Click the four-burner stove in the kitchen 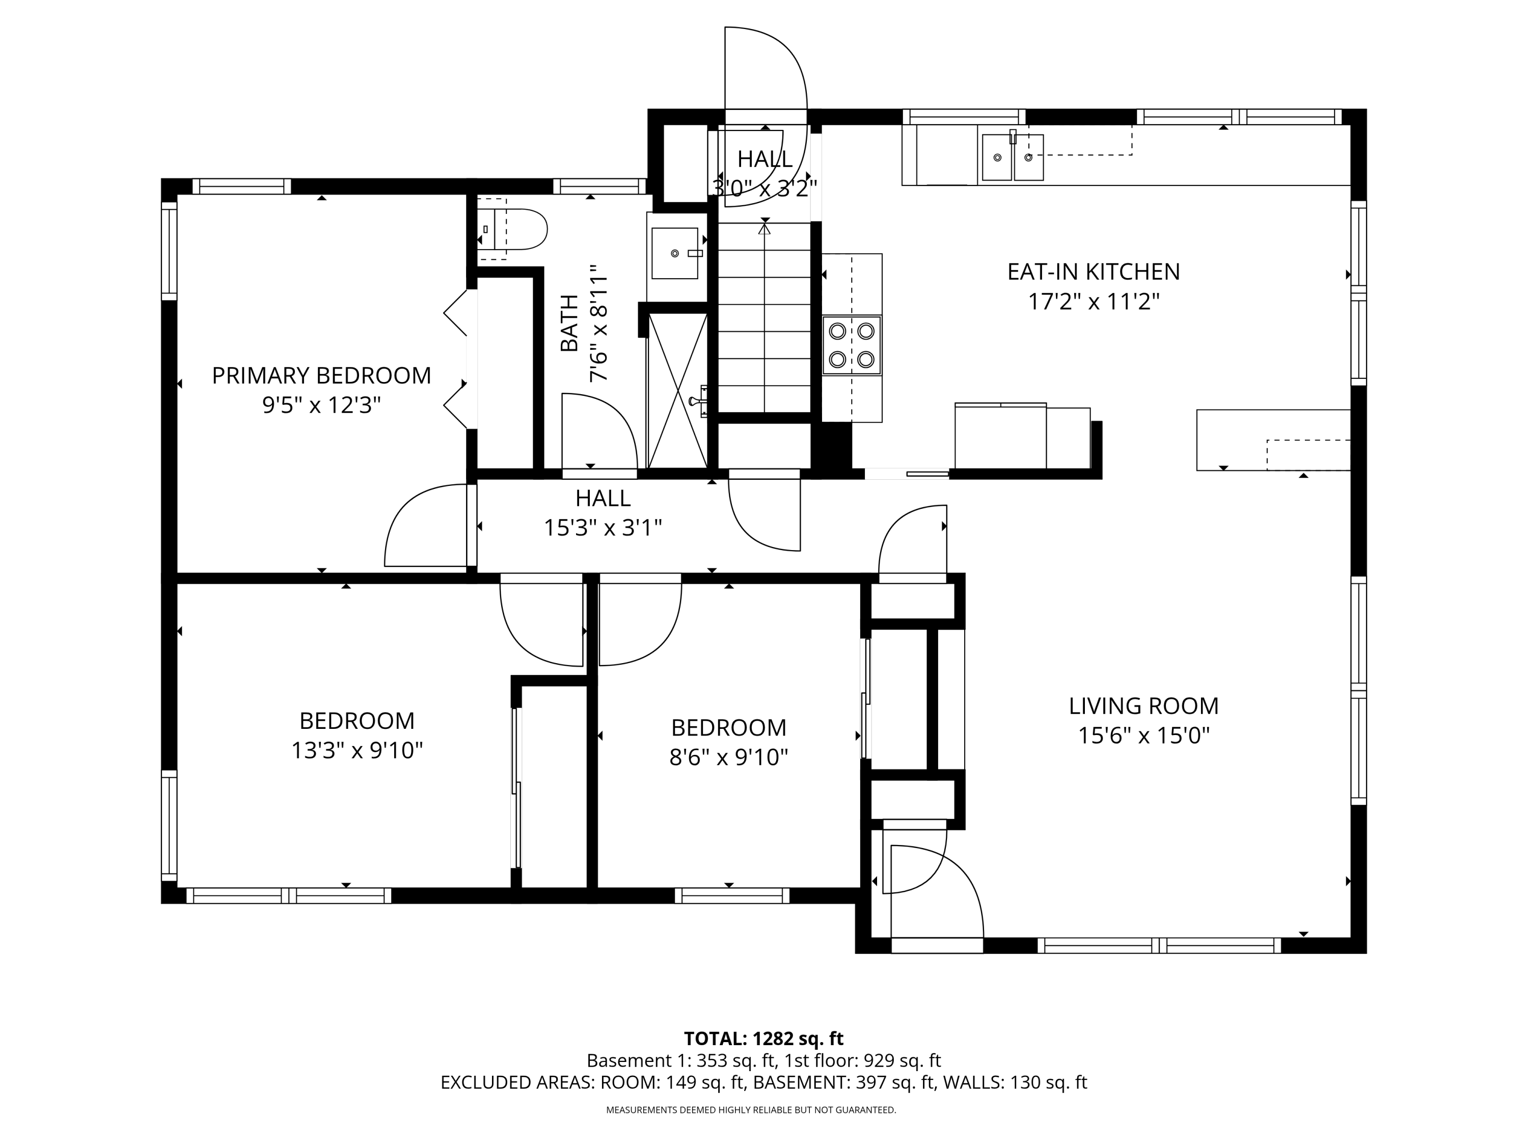coord(852,345)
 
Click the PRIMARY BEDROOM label coord(321,376)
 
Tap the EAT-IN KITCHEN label coord(1094,271)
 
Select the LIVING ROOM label coord(1144,706)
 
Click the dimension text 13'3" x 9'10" coord(357,750)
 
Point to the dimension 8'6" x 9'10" coord(729,758)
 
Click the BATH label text coord(569,323)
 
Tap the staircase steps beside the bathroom coord(764,318)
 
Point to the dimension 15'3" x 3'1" coord(603,529)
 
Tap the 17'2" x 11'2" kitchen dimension coord(1094,302)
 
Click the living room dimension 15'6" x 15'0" coord(1144,735)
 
